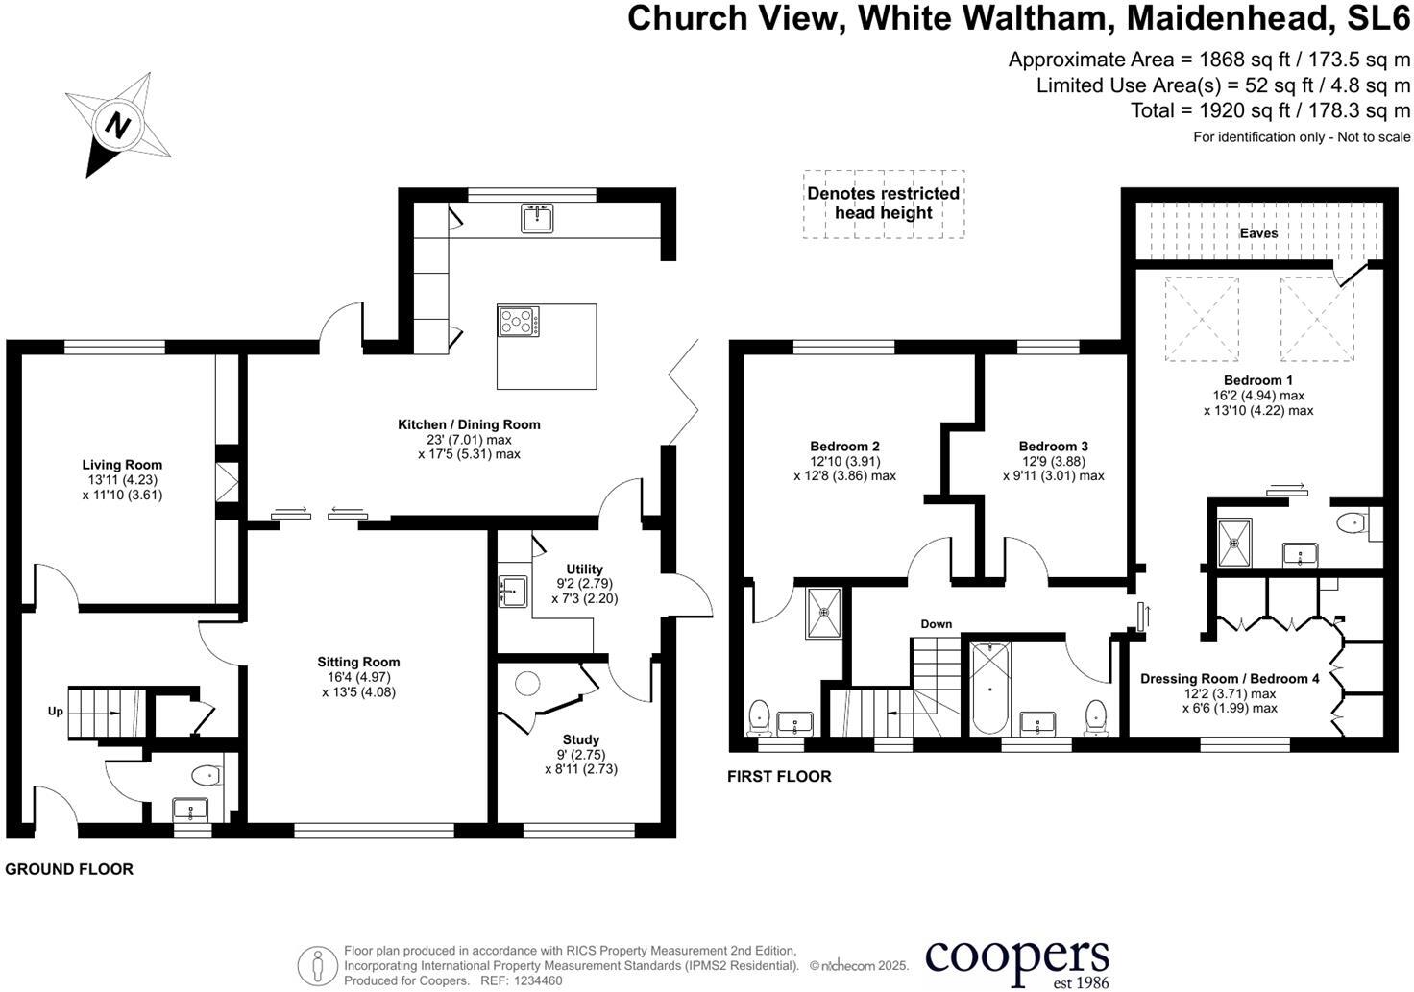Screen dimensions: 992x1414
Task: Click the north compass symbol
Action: (117, 125)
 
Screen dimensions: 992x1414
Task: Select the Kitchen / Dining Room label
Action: (469, 424)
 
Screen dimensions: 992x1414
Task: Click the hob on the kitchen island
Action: (518, 321)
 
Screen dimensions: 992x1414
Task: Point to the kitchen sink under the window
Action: (537, 218)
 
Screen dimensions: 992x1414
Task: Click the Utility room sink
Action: (511, 591)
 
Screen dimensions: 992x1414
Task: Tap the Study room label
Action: (580, 739)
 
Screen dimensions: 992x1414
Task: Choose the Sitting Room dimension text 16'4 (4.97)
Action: (358, 677)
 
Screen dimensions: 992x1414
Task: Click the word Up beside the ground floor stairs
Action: (56, 712)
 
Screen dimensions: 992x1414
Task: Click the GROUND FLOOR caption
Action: (69, 869)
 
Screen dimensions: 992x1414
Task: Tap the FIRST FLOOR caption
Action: (779, 776)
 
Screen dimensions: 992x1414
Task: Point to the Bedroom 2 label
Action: (844, 447)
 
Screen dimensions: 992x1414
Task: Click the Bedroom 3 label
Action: (1053, 447)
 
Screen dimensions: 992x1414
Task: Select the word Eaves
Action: (1258, 233)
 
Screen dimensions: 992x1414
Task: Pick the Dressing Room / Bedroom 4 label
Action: (1230, 679)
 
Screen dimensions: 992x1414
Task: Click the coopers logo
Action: (1016, 960)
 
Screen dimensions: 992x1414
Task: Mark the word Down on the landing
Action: (936, 624)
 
